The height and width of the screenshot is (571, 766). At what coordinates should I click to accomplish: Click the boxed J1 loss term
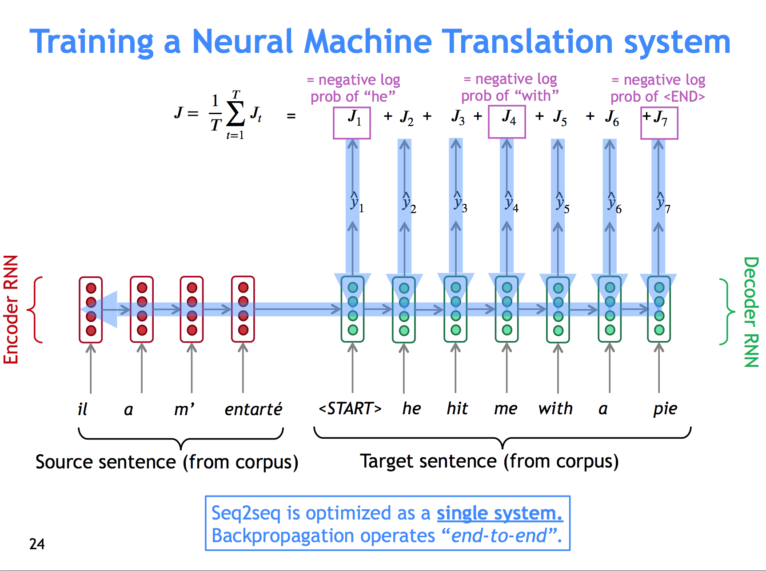(352, 123)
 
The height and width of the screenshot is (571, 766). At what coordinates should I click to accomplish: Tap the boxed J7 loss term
(659, 123)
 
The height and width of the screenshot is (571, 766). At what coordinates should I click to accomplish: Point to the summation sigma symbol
(235, 114)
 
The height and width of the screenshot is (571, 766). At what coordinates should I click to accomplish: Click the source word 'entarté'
(253, 409)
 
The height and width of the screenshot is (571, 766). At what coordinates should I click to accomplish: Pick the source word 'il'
(83, 409)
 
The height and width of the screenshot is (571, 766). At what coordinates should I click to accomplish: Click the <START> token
(350, 408)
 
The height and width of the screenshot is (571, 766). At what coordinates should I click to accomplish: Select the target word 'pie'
(665, 409)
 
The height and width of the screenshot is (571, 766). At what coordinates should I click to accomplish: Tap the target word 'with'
(555, 408)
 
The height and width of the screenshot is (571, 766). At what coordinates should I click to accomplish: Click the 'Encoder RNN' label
(12, 309)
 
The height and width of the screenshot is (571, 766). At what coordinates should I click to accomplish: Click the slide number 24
(37, 544)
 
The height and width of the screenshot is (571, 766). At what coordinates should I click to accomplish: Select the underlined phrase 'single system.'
(499, 513)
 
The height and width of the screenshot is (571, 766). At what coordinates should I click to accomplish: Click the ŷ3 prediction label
(459, 202)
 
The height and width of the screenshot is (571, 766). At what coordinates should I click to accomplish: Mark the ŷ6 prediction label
(614, 203)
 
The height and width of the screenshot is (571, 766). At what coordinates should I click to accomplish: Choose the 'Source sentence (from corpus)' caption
(167, 462)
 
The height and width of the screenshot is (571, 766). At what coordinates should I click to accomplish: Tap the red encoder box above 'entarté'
(243, 309)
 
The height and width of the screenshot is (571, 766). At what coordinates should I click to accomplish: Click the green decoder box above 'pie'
(659, 309)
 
